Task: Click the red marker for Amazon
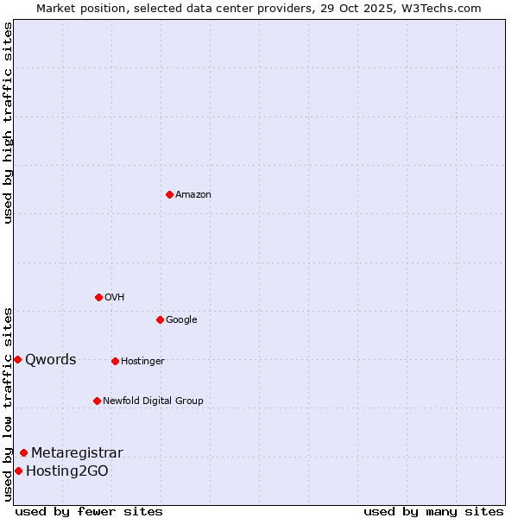[x=169, y=194]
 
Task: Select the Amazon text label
[x=193, y=195]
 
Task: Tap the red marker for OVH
[x=98, y=297]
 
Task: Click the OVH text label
[x=115, y=298]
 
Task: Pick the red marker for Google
[x=160, y=319]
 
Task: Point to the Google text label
[x=181, y=320]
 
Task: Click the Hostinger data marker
[x=115, y=361]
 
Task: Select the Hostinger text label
[x=142, y=362]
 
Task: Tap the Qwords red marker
[x=17, y=359]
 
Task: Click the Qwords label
[x=51, y=360]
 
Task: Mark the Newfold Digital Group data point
[x=97, y=401]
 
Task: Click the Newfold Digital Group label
[x=153, y=401]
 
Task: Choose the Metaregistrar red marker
[x=23, y=452]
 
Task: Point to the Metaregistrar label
[x=77, y=453]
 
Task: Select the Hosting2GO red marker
[x=18, y=471]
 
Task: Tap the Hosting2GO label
[x=67, y=471]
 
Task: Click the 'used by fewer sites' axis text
[x=89, y=511]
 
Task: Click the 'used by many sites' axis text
[x=433, y=511]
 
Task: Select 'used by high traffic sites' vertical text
[x=9, y=123]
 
